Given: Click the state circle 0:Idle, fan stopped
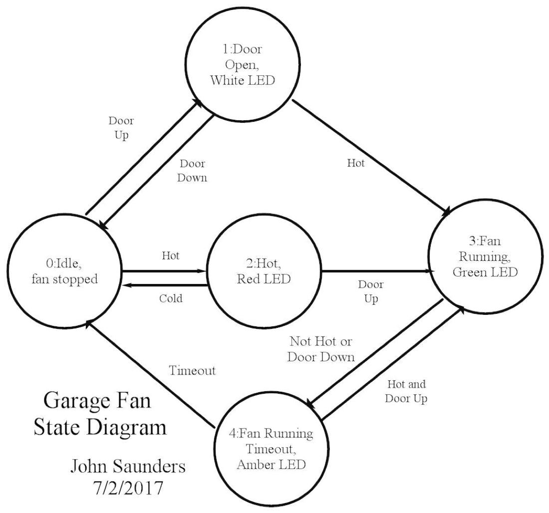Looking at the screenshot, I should (x=63, y=272).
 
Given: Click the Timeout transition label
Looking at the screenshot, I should (x=193, y=370).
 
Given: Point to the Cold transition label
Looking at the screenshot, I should (x=171, y=298).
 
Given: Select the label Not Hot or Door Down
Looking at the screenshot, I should (x=322, y=349).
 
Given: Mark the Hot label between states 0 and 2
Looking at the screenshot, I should (x=170, y=256).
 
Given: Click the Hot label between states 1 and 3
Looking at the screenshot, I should (x=355, y=164).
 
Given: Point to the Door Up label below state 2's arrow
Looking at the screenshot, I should (x=370, y=292).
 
